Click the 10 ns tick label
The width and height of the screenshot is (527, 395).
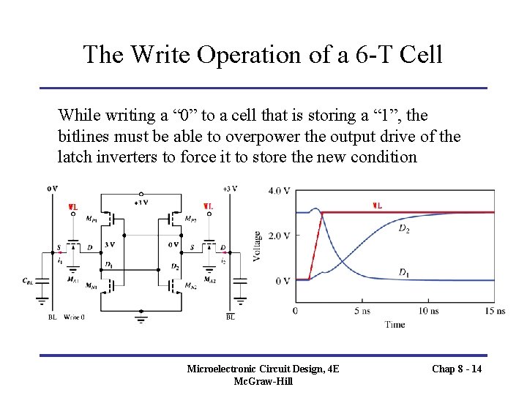(428, 311)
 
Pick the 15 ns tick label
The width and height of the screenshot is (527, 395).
(495, 311)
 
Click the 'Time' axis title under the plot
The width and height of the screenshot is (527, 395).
(395, 324)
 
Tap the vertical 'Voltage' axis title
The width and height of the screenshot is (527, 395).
(258, 247)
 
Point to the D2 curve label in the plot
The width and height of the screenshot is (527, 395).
(404, 228)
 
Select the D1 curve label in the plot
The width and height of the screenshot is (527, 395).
(404, 271)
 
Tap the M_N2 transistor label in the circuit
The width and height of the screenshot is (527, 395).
(190, 285)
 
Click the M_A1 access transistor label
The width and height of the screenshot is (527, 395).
(72, 279)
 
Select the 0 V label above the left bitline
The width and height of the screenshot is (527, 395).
(52, 188)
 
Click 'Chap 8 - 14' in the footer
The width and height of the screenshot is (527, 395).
(457, 369)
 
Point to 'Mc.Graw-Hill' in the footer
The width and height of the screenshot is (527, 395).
(263, 381)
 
